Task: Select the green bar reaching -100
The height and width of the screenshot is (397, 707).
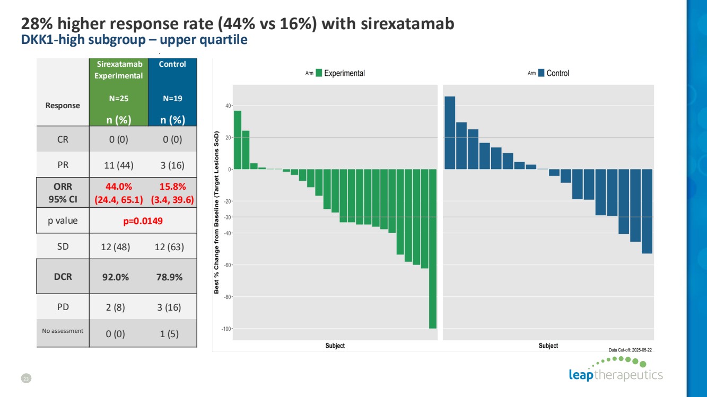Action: pyautogui.click(x=433, y=249)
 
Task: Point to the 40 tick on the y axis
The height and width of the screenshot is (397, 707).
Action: pyautogui.click(x=228, y=106)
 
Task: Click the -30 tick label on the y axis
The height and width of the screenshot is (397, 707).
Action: pyautogui.click(x=227, y=217)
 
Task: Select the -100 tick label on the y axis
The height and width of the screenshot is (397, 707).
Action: pyautogui.click(x=226, y=329)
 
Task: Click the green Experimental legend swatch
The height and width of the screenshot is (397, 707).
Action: pyautogui.click(x=319, y=73)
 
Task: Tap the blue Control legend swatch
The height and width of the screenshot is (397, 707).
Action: pyautogui.click(x=541, y=73)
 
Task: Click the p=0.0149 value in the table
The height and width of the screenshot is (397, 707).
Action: pyautogui.click(x=143, y=220)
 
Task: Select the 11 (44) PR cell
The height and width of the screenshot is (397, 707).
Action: pyautogui.click(x=116, y=165)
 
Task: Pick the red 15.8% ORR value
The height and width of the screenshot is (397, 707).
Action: pyautogui.click(x=171, y=187)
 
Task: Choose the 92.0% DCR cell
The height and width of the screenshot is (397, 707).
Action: pyautogui.click(x=116, y=276)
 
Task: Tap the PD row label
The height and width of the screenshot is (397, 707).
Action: pyautogui.click(x=63, y=306)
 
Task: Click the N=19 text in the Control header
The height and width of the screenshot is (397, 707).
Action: pyautogui.click(x=172, y=98)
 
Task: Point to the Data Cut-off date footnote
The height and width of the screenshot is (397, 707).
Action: pyautogui.click(x=630, y=350)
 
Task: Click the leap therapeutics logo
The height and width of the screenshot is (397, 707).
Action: pyautogui.click(x=615, y=370)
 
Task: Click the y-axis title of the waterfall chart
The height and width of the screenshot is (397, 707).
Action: pyautogui.click(x=217, y=212)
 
